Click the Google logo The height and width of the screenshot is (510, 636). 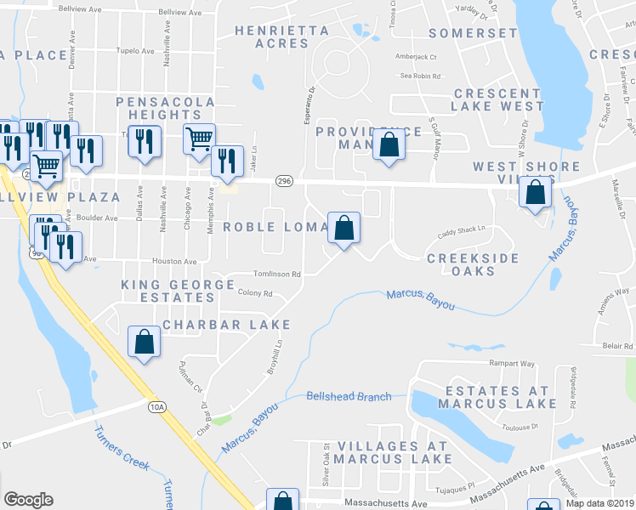point(28,500)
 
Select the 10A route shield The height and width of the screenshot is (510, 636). point(156,407)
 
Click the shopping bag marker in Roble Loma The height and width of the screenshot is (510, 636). point(344,228)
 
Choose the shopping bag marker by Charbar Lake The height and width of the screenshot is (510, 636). point(145,342)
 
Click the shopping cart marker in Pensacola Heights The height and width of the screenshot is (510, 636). point(199,138)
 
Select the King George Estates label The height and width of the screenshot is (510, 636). point(178,291)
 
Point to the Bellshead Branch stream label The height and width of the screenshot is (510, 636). point(349,396)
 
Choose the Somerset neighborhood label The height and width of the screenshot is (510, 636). point(473,33)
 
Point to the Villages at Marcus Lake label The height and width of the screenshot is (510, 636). point(394,452)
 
